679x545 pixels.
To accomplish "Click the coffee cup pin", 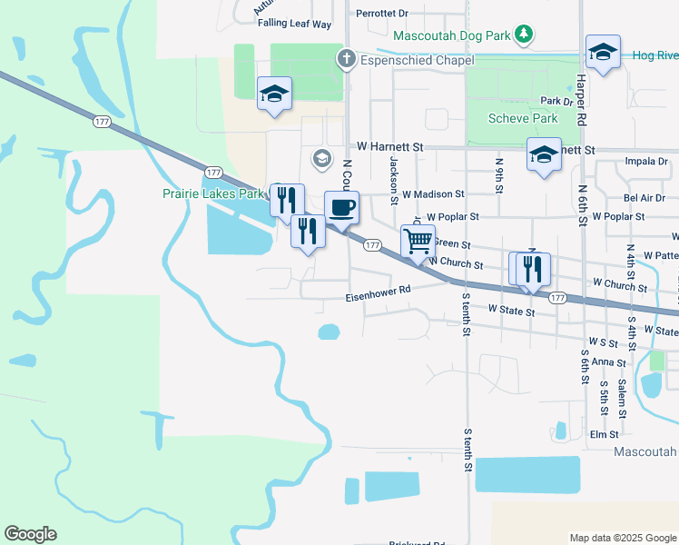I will pos(341,208).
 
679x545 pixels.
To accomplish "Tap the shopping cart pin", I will pos(418,242).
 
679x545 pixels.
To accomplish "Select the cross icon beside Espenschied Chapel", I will pos(345,60).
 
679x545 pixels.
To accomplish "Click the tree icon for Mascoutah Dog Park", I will pos(524,35).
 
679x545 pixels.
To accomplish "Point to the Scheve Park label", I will pos(522,118).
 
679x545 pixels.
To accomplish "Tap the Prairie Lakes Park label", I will pos(212,193).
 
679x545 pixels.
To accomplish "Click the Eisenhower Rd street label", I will pos(379,298).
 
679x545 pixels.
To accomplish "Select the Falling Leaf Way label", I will pos(294,24).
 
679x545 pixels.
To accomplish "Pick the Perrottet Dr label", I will pos(382,14).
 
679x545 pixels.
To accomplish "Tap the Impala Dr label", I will pos(646,162).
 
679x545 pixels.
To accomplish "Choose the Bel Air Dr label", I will pos(645,197).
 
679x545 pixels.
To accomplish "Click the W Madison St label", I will pos(433,194).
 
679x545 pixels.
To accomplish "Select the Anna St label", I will pos(603,362).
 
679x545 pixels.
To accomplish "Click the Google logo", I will pos(30,534).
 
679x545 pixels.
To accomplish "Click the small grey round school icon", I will pos(320,159).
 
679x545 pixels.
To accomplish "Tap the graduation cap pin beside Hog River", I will pos(602,53).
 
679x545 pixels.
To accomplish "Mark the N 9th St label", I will pos(498,173).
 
